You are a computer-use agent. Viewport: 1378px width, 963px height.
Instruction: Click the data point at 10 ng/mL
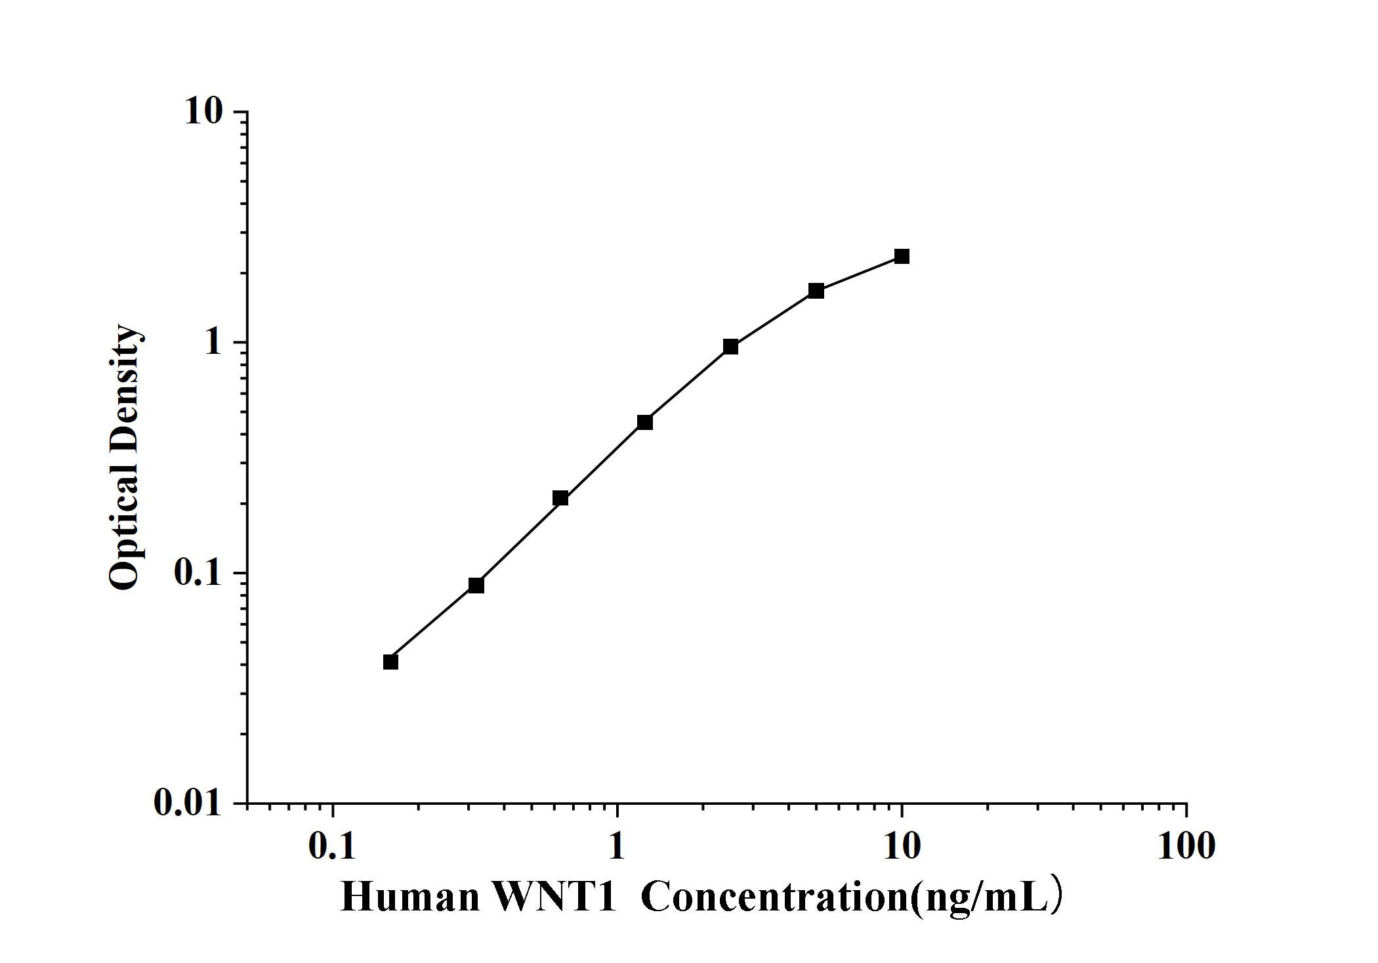pyautogui.click(x=902, y=256)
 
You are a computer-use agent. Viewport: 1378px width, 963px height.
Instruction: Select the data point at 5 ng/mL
pyautogui.click(x=816, y=291)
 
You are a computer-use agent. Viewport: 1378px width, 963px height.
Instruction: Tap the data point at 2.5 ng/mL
pyautogui.click(x=730, y=347)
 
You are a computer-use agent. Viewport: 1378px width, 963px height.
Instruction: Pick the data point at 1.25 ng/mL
pyautogui.click(x=644, y=422)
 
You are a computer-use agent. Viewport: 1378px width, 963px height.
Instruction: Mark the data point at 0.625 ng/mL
pyautogui.click(x=560, y=498)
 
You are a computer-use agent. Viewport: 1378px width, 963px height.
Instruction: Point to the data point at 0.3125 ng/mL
pyautogui.click(x=476, y=585)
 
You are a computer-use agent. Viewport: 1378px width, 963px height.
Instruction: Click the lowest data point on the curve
pyautogui.click(x=390, y=662)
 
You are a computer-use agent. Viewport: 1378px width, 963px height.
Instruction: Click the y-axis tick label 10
pyautogui.click(x=203, y=112)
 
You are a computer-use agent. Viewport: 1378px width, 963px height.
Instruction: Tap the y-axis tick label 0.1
pyautogui.click(x=198, y=573)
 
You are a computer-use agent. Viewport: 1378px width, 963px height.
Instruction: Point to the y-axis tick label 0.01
pyautogui.click(x=188, y=803)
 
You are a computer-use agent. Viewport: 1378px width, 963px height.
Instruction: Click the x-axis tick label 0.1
pyautogui.click(x=332, y=846)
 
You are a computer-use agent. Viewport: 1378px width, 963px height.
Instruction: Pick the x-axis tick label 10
pyautogui.click(x=902, y=846)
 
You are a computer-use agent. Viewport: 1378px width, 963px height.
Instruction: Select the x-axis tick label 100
pyautogui.click(x=1186, y=846)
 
